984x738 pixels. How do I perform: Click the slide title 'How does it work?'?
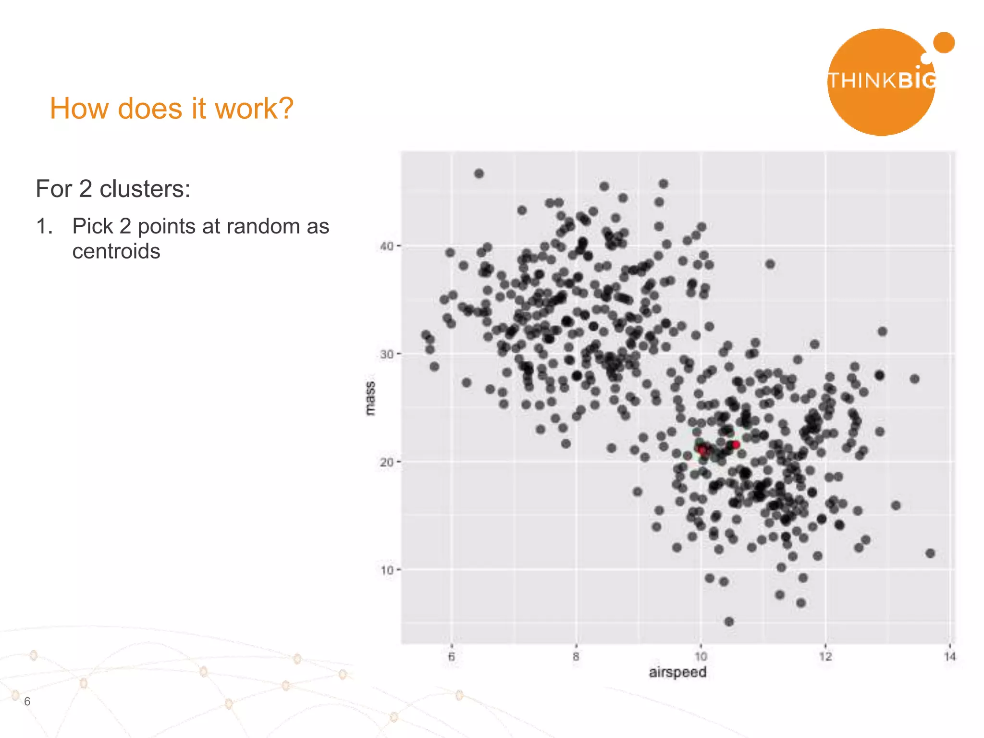tap(172, 109)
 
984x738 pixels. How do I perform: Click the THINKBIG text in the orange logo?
tap(882, 81)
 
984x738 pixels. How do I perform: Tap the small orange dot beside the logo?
tap(944, 42)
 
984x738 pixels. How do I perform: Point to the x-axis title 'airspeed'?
tap(677, 672)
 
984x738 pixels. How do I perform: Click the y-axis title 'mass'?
tap(370, 398)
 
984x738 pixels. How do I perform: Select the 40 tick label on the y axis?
tap(386, 246)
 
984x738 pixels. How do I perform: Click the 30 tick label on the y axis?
tap(386, 355)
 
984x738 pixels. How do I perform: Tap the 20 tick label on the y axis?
tap(386, 462)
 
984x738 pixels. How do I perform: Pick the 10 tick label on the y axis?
tap(386, 570)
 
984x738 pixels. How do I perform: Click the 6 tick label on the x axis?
tap(451, 657)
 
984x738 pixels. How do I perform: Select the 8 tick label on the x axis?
tap(576, 657)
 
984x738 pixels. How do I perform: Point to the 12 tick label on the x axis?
tap(825, 657)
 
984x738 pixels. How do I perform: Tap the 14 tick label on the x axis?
tap(950, 657)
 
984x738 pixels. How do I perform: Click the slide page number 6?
tap(27, 701)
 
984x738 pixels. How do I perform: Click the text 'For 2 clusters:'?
tap(113, 189)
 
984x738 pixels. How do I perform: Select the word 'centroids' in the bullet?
tap(116, 251)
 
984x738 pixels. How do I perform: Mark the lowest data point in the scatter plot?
tap(729, 622)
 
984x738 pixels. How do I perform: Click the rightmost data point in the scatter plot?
tap(930, 553)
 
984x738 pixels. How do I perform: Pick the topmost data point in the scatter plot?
tap(479, 173)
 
